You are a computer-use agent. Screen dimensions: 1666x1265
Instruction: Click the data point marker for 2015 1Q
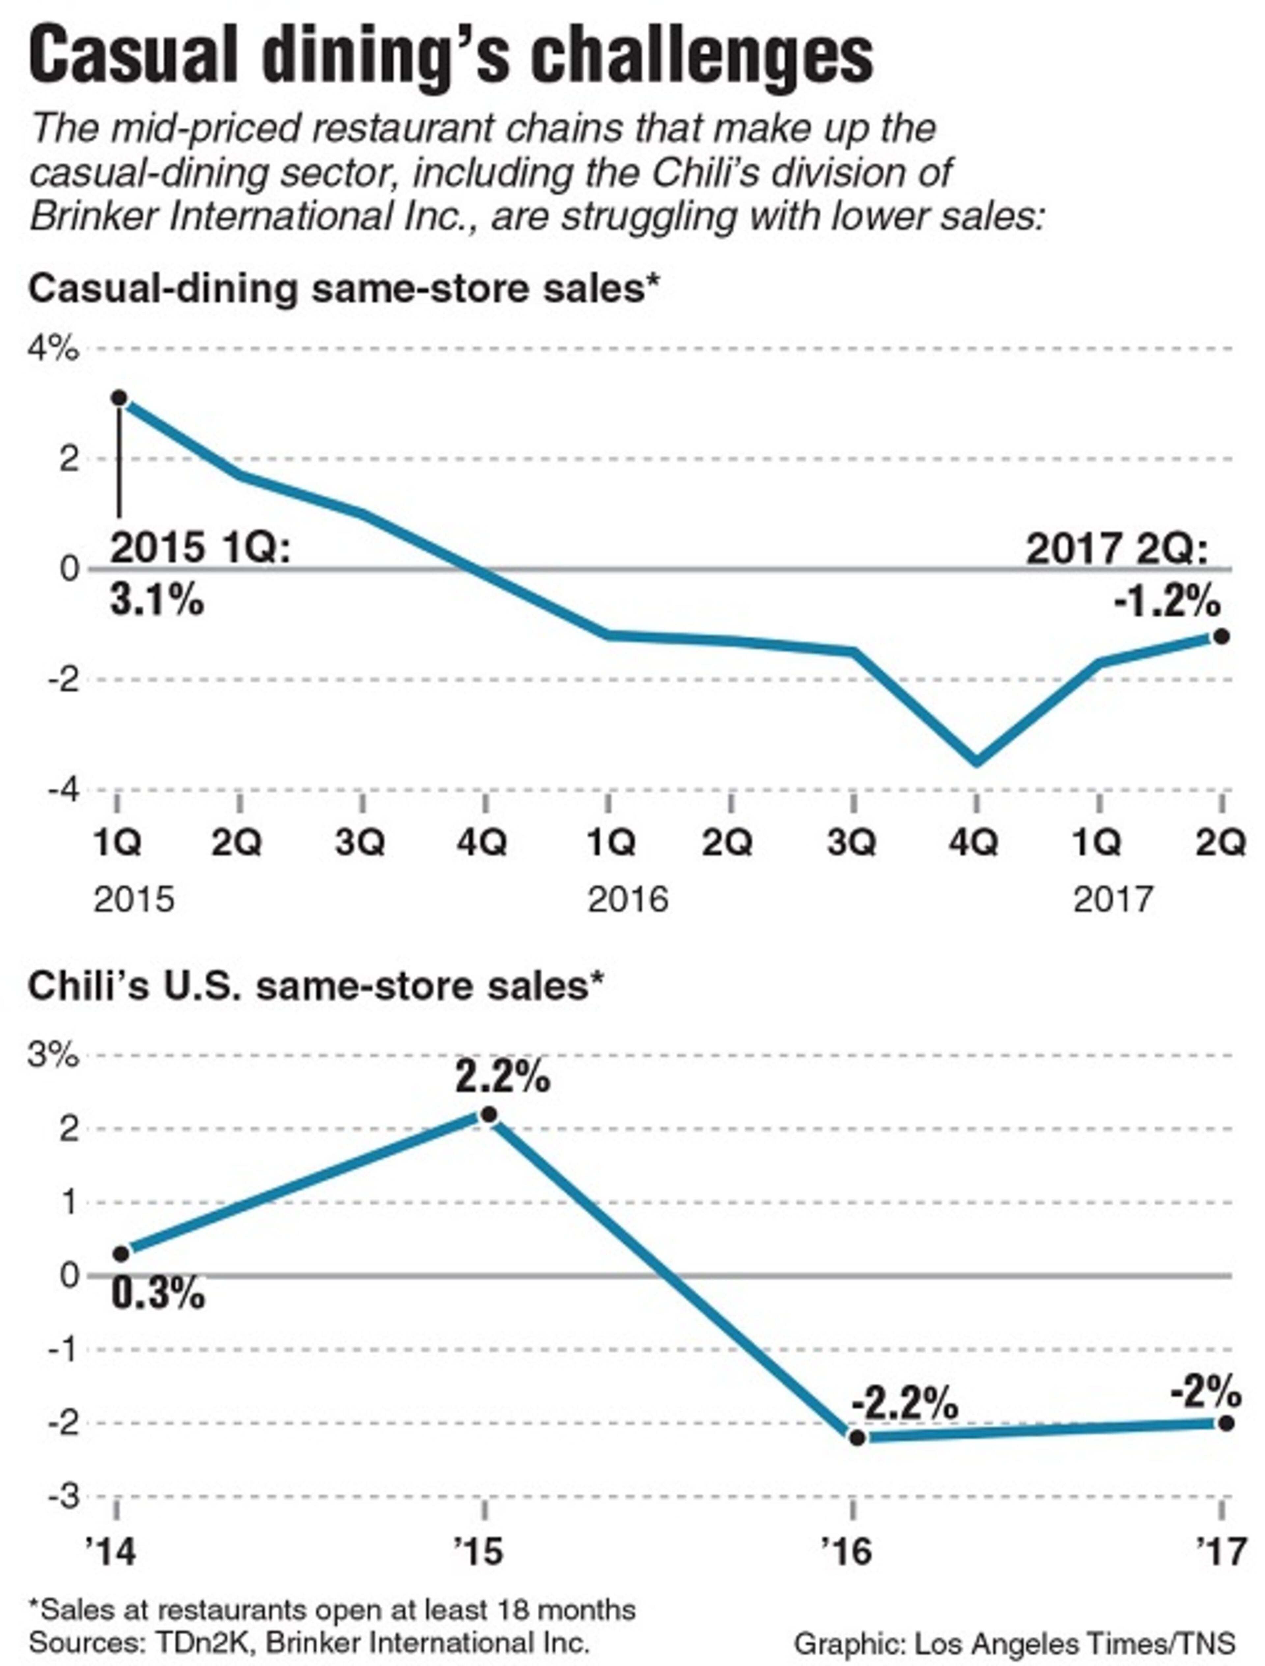[119, 398]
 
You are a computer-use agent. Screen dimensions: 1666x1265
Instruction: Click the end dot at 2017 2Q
[1221, 636]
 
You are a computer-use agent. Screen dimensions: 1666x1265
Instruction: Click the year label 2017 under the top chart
[1113, 899]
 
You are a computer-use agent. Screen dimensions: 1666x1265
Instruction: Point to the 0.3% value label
[158, 1294]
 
